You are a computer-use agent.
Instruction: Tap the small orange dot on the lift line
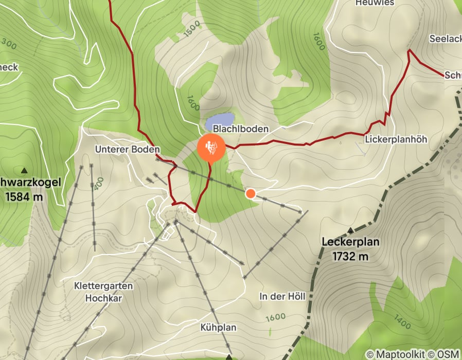[251, 193]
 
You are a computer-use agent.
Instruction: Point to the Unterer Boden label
[128, 149]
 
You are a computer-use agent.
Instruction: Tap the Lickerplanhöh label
[396, 139]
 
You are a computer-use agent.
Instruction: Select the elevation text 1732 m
[350, 256]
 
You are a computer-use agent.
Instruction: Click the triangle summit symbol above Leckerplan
[351, 230]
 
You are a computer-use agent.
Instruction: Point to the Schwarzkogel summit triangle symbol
[24, 170]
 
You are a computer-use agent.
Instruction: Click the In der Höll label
[282, 297]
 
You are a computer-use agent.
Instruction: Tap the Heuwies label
[375, 3]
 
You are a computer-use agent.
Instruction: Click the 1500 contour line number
[192, 30]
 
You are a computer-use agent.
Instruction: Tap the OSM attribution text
[447, 354]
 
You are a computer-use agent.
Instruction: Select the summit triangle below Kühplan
[229, 357]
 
